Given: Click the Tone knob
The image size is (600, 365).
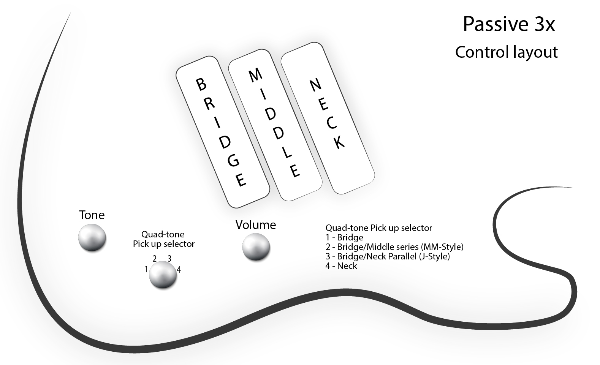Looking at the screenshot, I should [92, 237].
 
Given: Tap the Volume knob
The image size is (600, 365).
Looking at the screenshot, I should [256, 247].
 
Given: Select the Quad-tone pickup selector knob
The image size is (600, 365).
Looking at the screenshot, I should [163, 275].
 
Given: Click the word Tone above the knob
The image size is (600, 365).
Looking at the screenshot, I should [92, 215].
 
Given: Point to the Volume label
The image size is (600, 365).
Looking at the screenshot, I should [256, 225].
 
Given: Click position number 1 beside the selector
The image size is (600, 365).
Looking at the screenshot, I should [146, 270].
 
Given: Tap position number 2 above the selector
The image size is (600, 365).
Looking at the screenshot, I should [155, 259].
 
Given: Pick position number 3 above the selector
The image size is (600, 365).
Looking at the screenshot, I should [169, 259].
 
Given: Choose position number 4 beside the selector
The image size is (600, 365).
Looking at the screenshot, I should [179, 270].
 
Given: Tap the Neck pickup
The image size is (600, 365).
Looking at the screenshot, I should [327, 118].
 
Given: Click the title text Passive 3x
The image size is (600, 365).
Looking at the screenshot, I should [509, 25].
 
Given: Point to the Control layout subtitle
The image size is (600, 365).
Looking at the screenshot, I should [506, 52].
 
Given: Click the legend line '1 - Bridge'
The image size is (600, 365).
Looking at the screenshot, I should [344, 238].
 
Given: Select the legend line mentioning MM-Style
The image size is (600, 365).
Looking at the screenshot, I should [394, 247].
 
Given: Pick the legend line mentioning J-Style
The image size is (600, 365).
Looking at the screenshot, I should [388, 256].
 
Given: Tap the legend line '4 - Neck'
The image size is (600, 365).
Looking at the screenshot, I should [341, 266].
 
